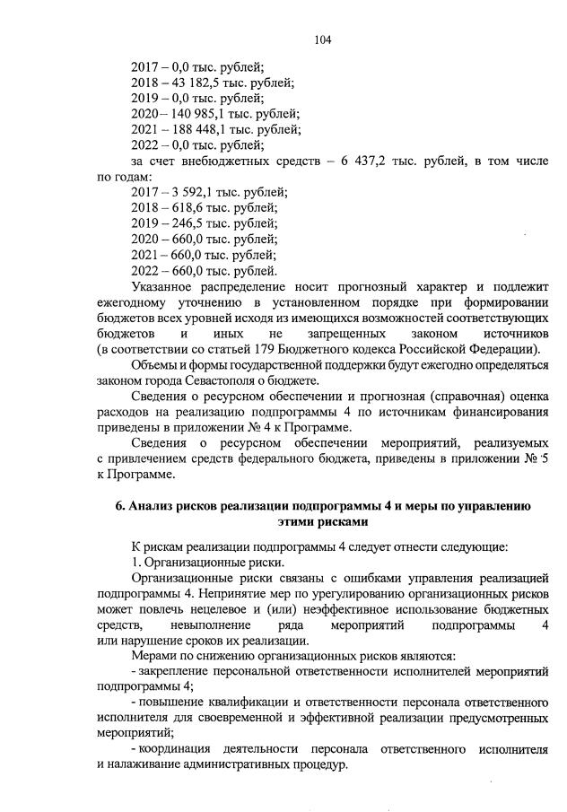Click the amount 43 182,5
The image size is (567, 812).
coord(181,82)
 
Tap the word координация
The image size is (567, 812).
coord(175,749)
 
